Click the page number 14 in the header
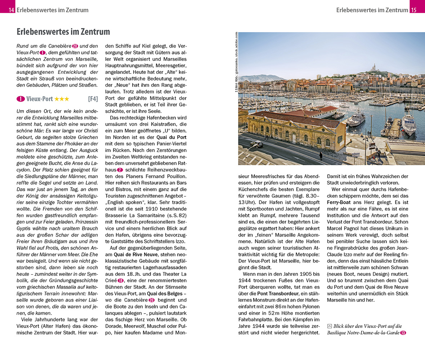pyautogui.click(x=11, y=10)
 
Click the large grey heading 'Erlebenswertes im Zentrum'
pyautogui.click(x=63, y=32)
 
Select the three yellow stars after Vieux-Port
pyautogui.click(x=62, y=99)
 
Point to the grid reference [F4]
pyautogui.click(x=93, y=99)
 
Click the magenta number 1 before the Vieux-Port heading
pyautogui.click(x=21, y=99)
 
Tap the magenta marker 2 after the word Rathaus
pyautogui.click(x=120, y=170)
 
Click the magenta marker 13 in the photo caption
pyautogui.click(x=403, y=333)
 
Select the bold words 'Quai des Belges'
pyautogui.click(x=164, y=293)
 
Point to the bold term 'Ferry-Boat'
pyautogui.click(x=340, y=202)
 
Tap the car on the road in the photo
pyautogui.click(x=256, y=144)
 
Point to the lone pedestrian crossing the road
pyautogui.click(x=321, y=156)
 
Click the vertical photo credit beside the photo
pyautogui.click(x=236, y=62)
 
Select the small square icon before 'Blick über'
pyautogui.click(x=329, y=326)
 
